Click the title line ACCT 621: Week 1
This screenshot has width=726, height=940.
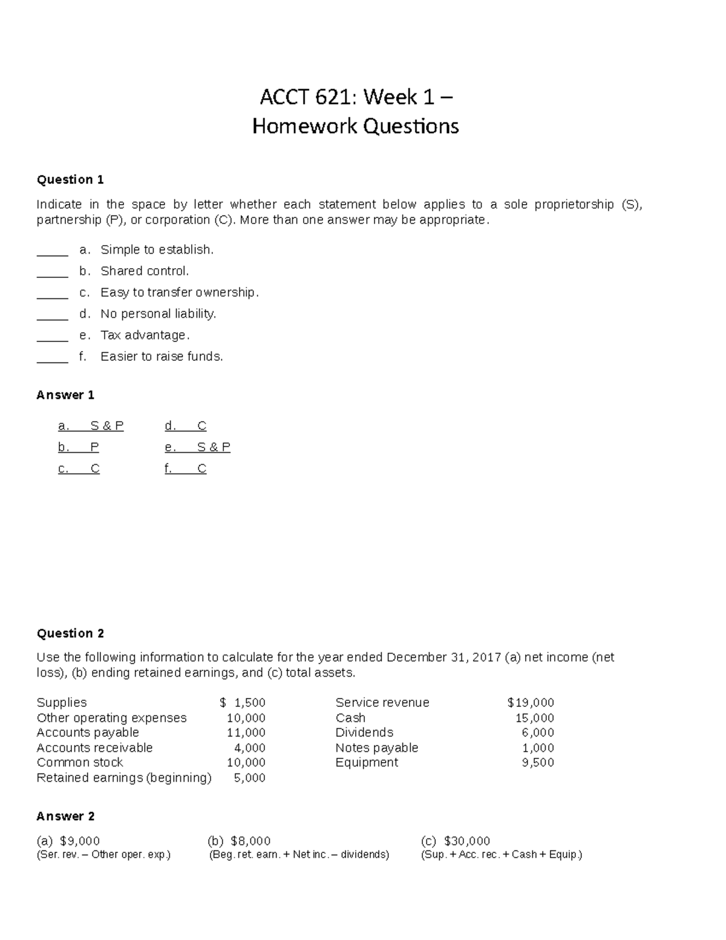point(356,97)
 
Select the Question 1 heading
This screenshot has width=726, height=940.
point(70,180)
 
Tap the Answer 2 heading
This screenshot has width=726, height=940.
point(65,817)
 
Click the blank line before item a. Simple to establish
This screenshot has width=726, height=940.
point(52,250)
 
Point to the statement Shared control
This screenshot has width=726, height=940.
point(145,271)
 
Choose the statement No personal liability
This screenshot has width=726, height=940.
point(158,314)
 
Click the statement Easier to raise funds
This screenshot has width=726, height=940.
point(162,357)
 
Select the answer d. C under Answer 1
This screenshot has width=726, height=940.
point(185,426)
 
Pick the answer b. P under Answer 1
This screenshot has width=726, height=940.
point(79,447)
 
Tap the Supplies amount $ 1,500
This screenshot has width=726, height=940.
point(243,703)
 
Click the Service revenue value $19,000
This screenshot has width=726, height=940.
point(531,703)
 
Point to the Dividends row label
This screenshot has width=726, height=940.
point(364,732)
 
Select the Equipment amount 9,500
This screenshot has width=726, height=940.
point(538,763)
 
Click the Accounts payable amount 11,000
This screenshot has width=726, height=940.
point(246,732)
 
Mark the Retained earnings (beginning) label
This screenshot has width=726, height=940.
point(124,778)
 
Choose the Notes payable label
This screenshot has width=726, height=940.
point(376,748)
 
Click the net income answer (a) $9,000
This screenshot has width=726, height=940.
point(68,841)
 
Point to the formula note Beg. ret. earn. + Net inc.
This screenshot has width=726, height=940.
point(299,855)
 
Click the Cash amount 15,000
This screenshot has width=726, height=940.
point(534,718)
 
